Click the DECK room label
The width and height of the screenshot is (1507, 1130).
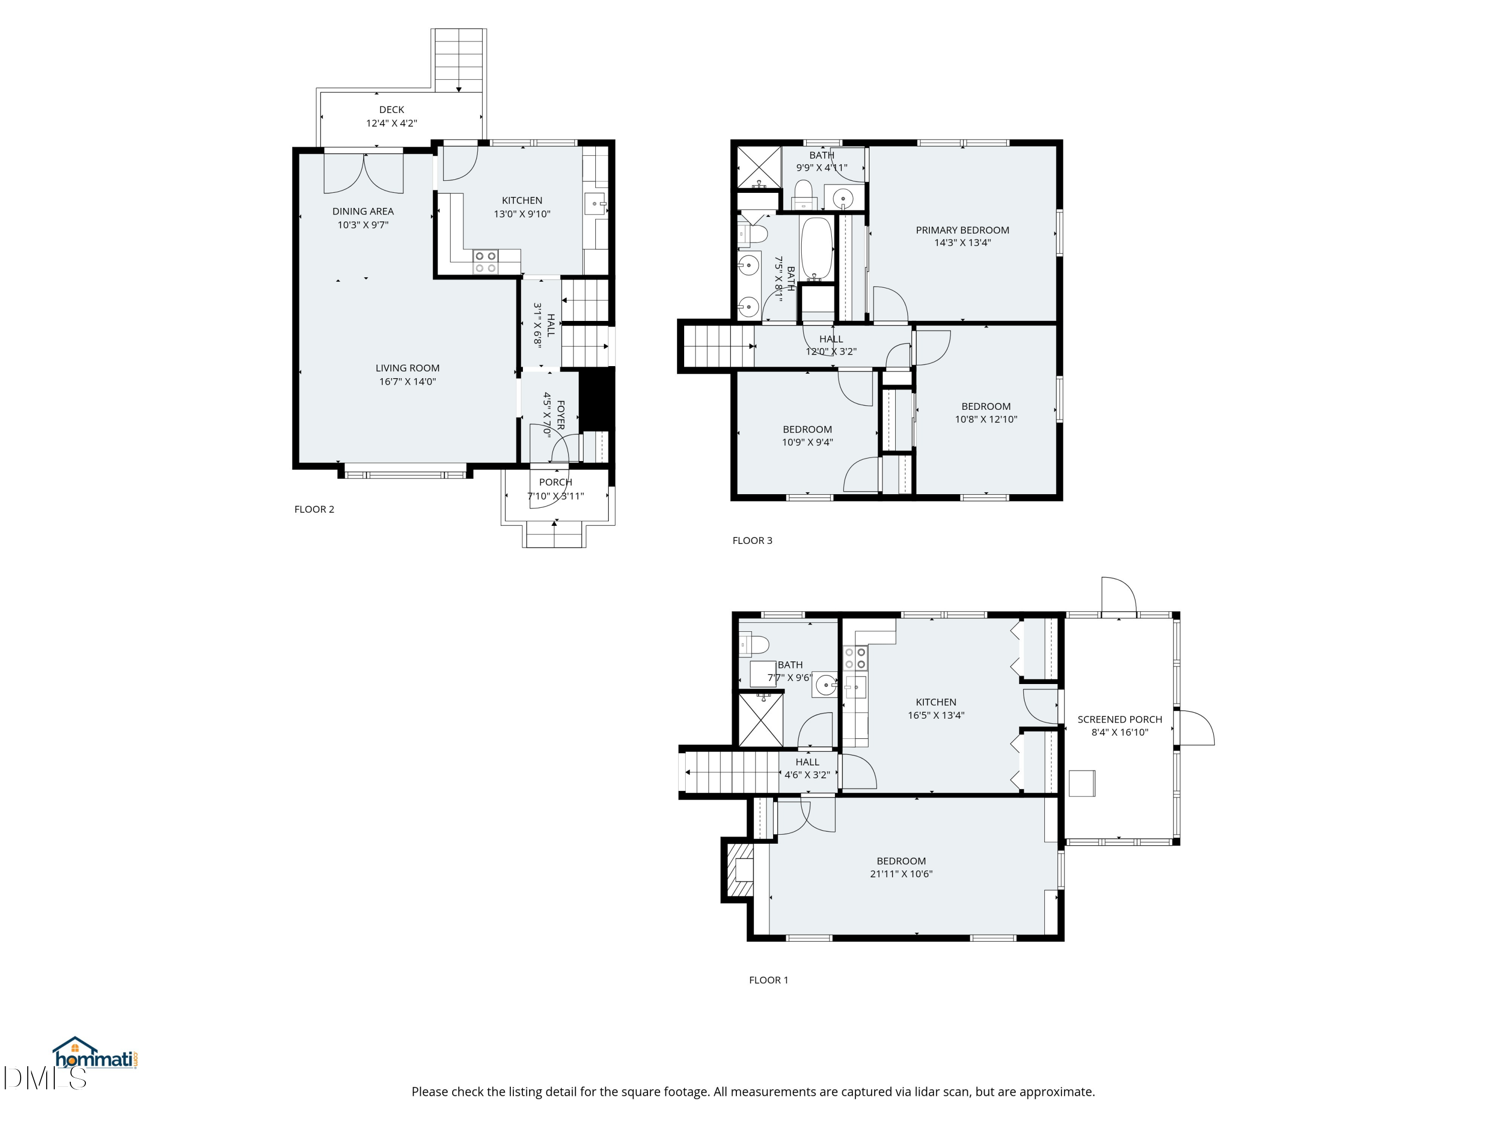392,109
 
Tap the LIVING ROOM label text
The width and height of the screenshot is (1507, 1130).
407,368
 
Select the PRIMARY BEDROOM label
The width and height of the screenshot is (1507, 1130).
962,230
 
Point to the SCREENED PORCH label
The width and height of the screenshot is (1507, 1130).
1119,719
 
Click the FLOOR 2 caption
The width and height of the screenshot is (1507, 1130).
314,509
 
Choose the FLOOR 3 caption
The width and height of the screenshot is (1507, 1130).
752,541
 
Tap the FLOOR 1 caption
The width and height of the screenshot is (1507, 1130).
769,980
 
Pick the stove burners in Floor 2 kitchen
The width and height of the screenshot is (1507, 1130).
486,262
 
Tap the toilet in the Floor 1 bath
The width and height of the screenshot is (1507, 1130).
754,644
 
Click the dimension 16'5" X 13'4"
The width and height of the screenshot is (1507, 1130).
935,715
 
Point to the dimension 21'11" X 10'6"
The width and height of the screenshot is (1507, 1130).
901,874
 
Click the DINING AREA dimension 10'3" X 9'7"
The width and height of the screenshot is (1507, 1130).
363,225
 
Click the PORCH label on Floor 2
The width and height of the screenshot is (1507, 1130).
555,482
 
